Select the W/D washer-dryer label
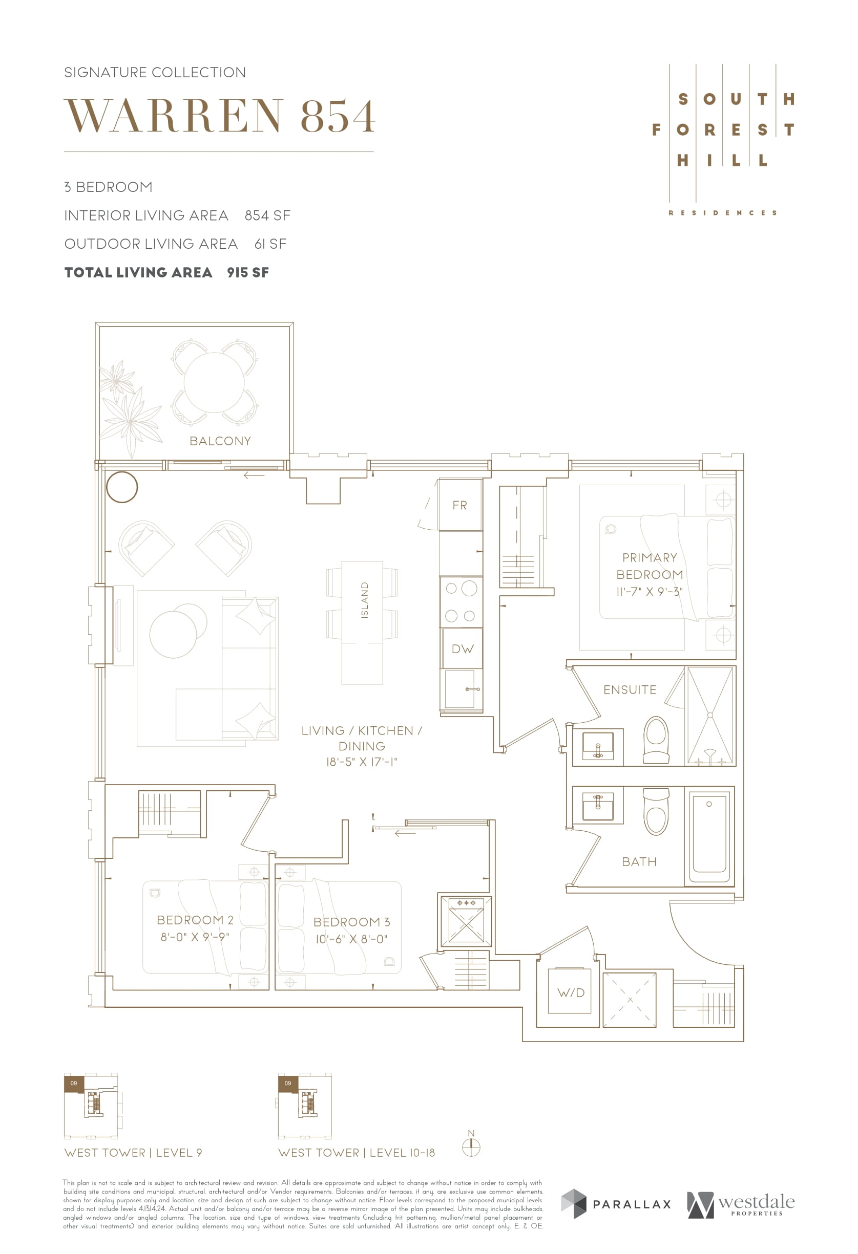pyautogui.click(x=571, y=992)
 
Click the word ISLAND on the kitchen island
pyautogui.click(x=365, y=600)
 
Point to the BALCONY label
pyautogui.click(x=220, y=441)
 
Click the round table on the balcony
pyautogui.click(x=214, y=382)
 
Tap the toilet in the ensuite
pyautogui.click(x=656, y=740)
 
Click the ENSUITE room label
pyautogui.click(x=630, y=689)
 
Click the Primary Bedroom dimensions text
pyautogui.click(x=649, y=591)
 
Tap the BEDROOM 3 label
pyautogui.click(x=351, y=922)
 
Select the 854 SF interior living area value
pyautogui.click(x=267, y=215)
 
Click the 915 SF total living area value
pyautogui.click(x=248, y=272)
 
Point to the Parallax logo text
pyautogui.click(x=632, y=1204)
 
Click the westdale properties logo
pyautogui.click(x=740, y=1204)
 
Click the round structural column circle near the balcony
pyautogui.click(x=122, y=487)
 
